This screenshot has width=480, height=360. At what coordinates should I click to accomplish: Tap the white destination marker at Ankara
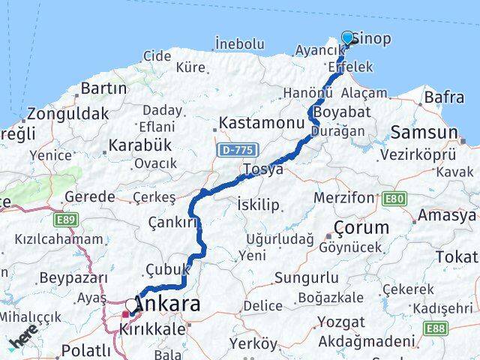pos(132,306)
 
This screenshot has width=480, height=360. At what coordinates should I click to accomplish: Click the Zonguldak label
pos(67,115)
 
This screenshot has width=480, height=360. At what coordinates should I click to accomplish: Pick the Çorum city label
pos(362,227)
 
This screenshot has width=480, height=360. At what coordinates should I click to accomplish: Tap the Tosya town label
pos(262,169)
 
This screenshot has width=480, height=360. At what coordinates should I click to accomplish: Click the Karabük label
pos(140,145)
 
